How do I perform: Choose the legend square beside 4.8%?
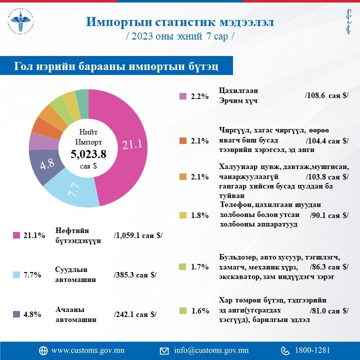(x=15, y=314)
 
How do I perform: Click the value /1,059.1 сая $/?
(x=138, y=235)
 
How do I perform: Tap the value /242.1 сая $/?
(x=135, y=314)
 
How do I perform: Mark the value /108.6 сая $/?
(x=326, y=95)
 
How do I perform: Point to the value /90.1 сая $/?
(x=328, y=215)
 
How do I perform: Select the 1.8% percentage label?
(x=199, y=215)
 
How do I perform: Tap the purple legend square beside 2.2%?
(x=182, y=96)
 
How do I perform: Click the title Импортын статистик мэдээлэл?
(x=180, y=22)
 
